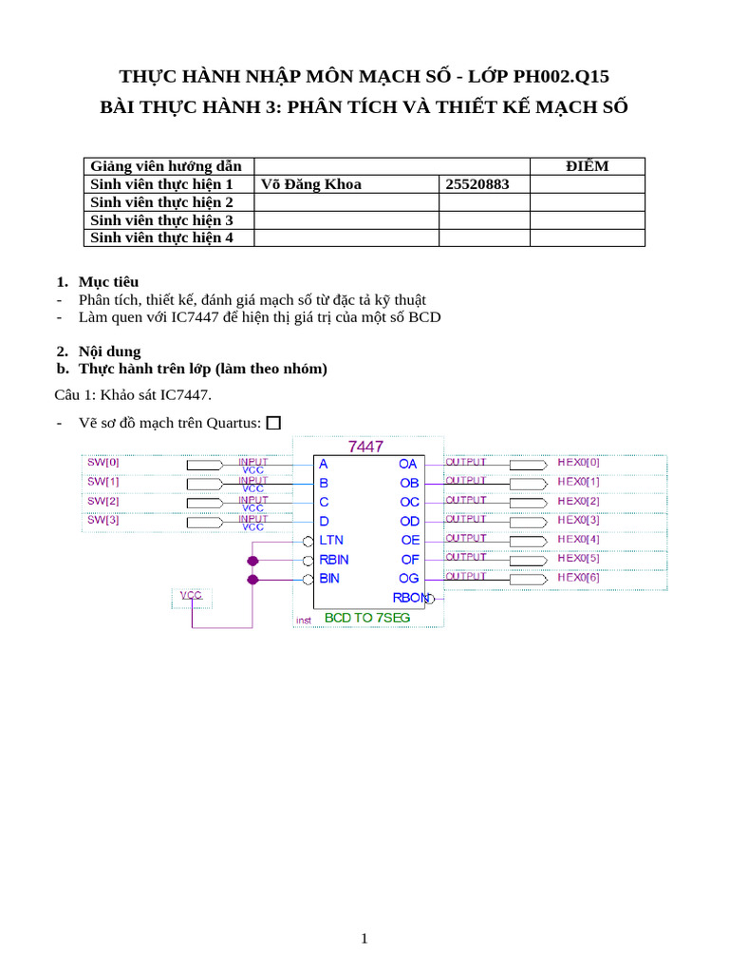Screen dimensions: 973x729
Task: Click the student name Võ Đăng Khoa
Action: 310,184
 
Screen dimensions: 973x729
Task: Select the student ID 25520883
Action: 477,184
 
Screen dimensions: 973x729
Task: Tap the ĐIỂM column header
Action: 587,166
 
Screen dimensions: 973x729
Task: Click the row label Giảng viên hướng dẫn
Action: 166,166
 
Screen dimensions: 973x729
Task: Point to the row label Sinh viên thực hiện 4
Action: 161,238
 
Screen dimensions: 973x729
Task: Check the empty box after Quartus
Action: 274,424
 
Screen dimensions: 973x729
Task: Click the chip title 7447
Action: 365,446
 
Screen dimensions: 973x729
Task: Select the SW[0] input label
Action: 103,463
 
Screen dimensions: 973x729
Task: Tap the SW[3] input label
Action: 103,520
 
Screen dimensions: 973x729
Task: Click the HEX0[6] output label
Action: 578,577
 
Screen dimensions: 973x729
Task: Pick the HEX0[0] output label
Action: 578,463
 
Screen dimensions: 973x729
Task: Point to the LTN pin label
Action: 331,540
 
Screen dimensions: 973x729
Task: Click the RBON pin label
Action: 410,598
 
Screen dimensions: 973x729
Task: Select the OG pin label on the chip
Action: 409,578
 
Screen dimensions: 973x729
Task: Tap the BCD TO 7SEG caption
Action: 367,618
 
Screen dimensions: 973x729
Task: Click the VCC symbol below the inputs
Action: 192,596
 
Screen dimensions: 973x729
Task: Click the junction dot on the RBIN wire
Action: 252,561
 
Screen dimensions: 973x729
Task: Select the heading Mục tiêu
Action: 108,282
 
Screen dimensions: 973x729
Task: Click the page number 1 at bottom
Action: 364,939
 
